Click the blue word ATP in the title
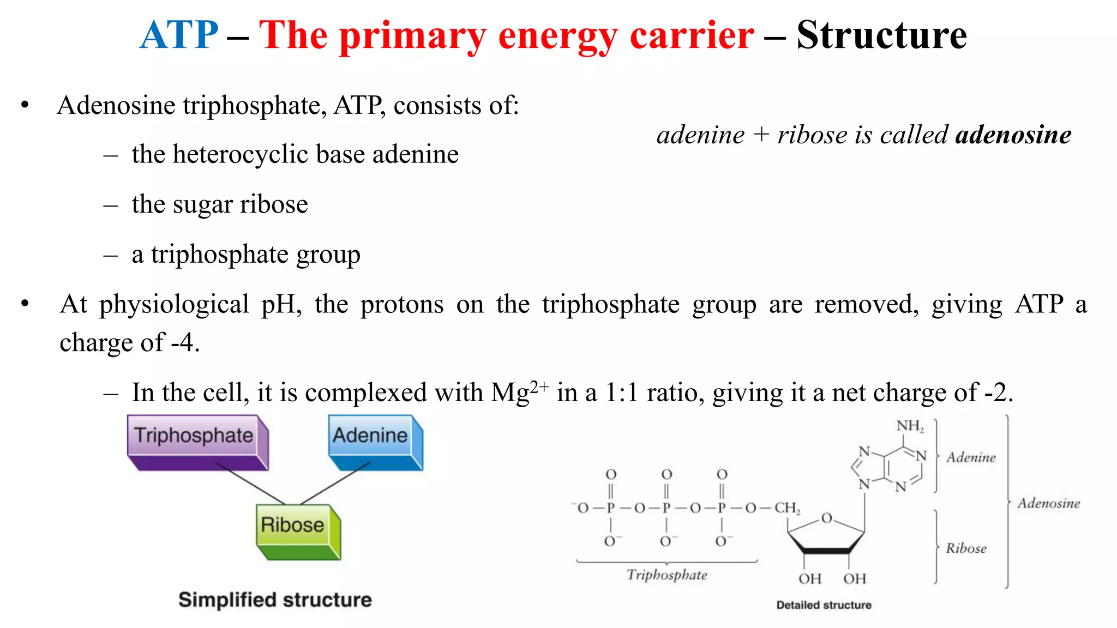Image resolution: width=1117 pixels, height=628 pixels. pyautogui.click(x=179, y=35)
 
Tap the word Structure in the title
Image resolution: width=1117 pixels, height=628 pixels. pyautogui.click(x=881, y=35)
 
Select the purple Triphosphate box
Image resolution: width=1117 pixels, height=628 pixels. pyautogui.click(x=194, y=436)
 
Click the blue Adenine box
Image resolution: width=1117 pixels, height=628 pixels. pyautogui.click(x=370, y=436)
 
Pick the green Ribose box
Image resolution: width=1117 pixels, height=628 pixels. pyautogui.click(x=292, y=525)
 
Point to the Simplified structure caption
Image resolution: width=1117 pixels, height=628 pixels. pyautogui.click(x=275, y=600)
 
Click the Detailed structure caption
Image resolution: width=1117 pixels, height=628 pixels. pyautogui.click(x=824, y=605)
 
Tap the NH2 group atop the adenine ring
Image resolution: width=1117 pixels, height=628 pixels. pyautogui.click(x=910, y=426)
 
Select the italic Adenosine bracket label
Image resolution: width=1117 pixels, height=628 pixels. pyautogui.click(x=1048, y=503)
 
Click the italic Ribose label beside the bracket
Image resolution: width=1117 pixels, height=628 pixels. pyautogui.click(x=966, y=548)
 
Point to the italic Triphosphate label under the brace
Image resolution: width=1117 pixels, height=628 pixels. pyautogui.click(x=666, y=575)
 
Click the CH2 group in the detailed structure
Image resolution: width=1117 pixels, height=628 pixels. pyautogui.click(x=787, y=508)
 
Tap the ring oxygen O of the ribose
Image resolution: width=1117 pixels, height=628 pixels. pyautogui.click(x=827, y=518)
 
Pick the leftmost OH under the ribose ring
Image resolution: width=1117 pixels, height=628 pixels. pyautogui.click(x=809, y=579)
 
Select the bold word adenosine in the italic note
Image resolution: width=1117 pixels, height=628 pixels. pyautogui.click(x=1013, y=135)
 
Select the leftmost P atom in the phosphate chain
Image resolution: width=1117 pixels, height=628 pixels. pyautogui.click(x=610, y=508)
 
